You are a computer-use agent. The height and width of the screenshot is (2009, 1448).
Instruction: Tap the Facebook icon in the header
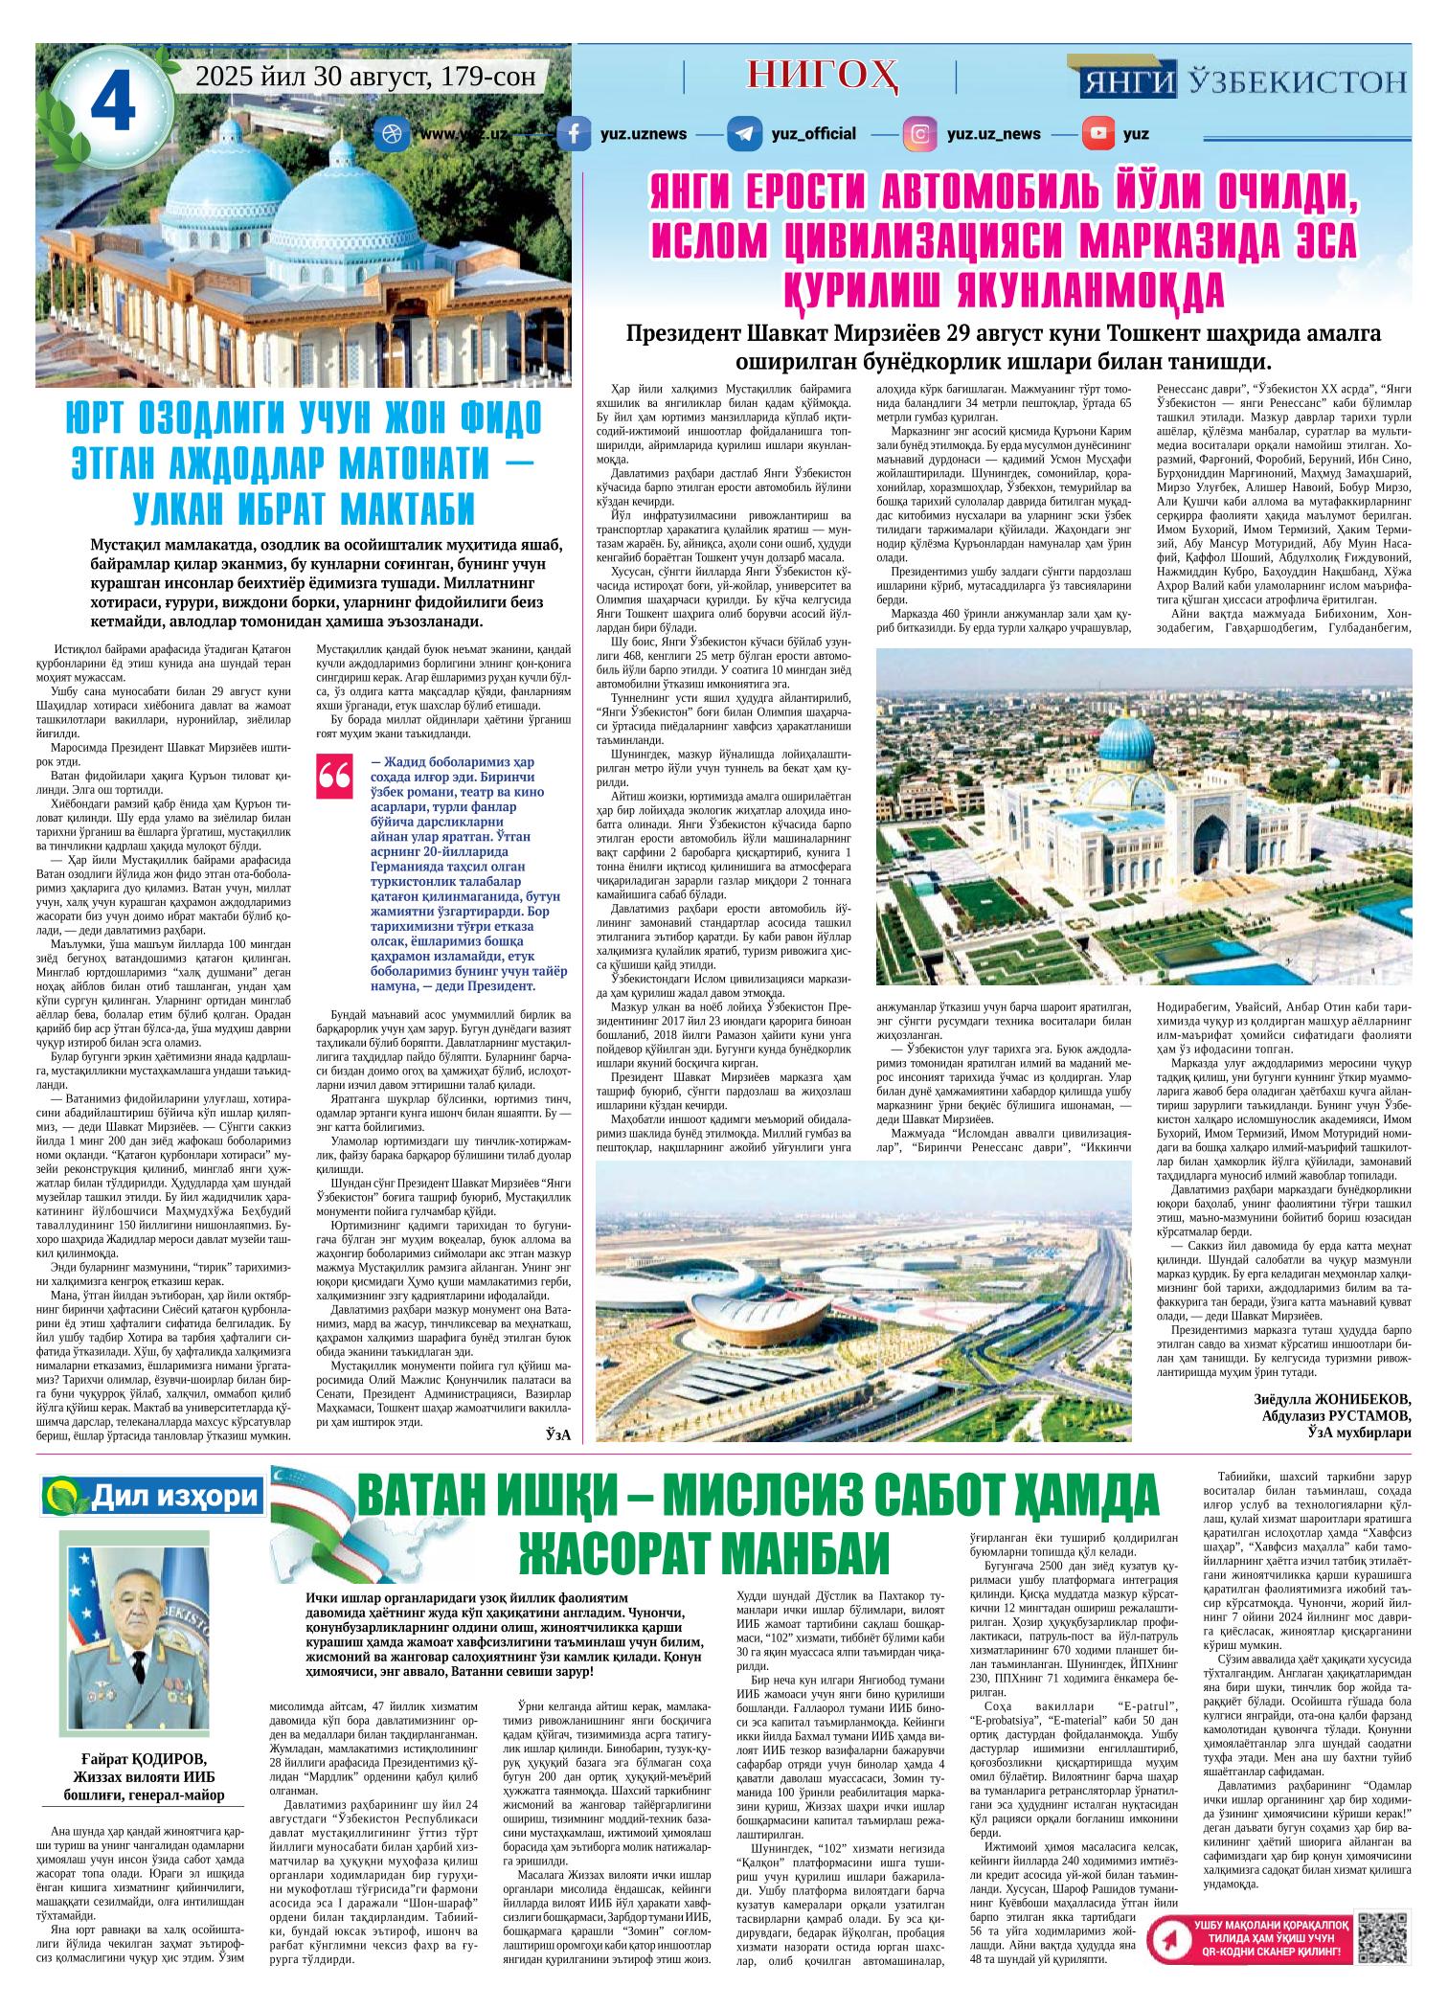[x=574, y=134]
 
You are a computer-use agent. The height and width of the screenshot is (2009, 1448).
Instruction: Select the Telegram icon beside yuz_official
[x=743, y=134]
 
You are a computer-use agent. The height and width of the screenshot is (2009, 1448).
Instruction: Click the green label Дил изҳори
[x=150, y=1494]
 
